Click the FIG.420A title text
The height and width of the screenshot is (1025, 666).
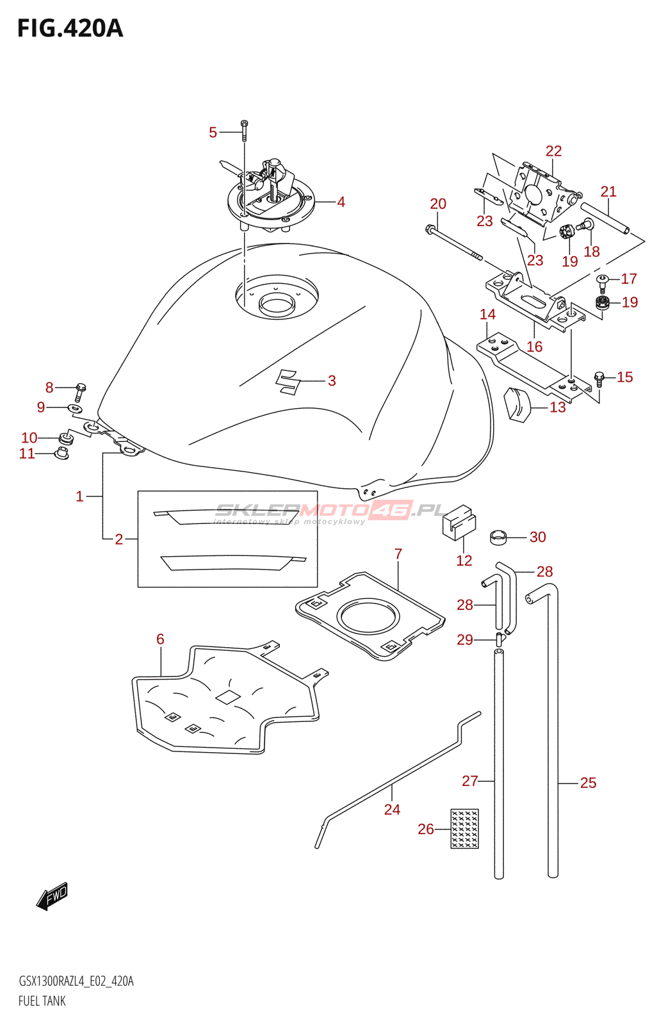pos(70,28)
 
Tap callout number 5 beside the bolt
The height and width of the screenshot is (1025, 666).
pos(213,132)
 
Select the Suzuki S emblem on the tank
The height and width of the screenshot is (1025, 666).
pos(288,381)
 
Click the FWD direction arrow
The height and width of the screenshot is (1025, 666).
pos(52,896)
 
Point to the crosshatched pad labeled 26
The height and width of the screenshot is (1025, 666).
pos(464,829)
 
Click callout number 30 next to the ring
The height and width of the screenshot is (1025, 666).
pos(537,537)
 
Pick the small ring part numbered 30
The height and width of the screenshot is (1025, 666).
pos(499,537)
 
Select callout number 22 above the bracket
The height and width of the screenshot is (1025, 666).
pos(553,151)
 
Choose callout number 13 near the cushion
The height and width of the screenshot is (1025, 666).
pos(558,407)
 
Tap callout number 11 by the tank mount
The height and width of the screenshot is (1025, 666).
pos(27,454)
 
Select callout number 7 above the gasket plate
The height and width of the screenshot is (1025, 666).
pos(398,553)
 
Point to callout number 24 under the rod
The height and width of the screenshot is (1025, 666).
pos(392,810)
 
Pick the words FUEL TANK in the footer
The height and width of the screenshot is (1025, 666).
pos(42,1001)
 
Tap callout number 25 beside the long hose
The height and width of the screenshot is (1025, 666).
pos(588,783)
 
